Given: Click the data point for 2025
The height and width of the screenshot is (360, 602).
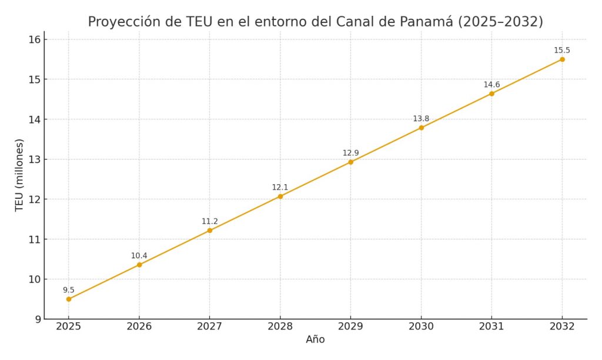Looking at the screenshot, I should pyautogui.click(x=69, y=299).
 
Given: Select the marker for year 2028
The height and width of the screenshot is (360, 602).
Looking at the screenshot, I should pyautogui.click(x=280, y=196).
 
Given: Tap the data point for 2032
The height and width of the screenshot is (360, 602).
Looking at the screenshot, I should pyautogui.click(x=562, y=59).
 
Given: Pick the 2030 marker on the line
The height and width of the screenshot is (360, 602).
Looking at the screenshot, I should pyautogui.click(x=421, y=128).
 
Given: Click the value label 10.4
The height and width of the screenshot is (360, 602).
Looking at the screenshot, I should pyautogui.click(x=139, y=256).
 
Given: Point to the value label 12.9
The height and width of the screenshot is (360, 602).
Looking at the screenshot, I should pyautogui.click(x=350, y=153).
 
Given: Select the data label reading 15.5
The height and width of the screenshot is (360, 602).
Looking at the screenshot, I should pyautogui.click(x=562, y=51).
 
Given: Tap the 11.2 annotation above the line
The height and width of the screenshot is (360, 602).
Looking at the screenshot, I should pyautogui.click(x=210, y=222).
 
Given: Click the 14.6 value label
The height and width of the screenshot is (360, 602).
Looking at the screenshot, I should pyautogui.click(x=491, y=85).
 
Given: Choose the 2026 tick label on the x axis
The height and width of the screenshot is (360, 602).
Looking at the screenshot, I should pyautogui.click(x=139, y=327).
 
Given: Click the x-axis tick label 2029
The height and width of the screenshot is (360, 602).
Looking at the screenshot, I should pyautogui.click(x=350, y=327).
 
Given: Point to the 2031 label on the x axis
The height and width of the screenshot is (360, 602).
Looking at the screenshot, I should pyautogui.click(x=491, y=327).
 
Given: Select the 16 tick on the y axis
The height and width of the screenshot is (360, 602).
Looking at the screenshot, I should pyautogui.click(x=34, y=39).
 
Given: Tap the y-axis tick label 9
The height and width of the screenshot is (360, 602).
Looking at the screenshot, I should pyautogui.click(x=36, y=319).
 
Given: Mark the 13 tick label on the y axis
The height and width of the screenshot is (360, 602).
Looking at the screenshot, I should pyautogui.click(x=34, y=159).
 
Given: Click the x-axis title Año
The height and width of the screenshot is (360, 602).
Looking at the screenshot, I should pyautogui.click(x=315, y=340).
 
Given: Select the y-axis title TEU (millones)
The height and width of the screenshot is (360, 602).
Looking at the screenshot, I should pyautogui.click(x=19, y=175).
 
